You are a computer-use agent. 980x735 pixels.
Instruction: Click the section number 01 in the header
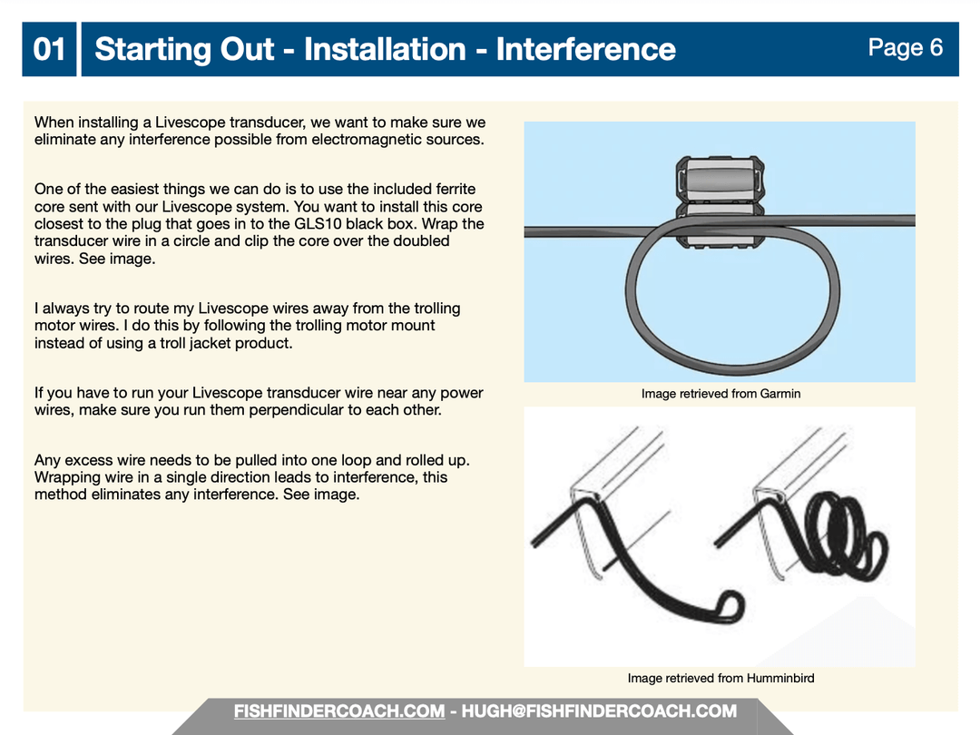(x=49, y=49)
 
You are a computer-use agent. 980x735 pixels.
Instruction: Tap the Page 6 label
(x=905, y=47)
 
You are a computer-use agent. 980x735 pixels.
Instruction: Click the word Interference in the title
(x=585, y=49)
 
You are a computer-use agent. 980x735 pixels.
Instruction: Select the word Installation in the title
(x=385, y=49)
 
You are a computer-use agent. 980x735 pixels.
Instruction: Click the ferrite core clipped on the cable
(x=720, y=201)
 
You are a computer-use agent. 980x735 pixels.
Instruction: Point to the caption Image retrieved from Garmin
(x=720, y=394)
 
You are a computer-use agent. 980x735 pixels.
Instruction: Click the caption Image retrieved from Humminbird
(x=720, y=678)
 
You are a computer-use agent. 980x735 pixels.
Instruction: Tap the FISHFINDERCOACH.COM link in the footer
(x=339, y=711)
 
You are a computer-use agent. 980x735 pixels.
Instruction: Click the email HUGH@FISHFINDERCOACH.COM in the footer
(x=599, y=711)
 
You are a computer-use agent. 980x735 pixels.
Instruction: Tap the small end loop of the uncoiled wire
(x=729, y=606)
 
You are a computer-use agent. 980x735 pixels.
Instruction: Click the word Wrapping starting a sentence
(x=66, y=478)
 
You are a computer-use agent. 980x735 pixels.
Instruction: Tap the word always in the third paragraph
(x=65, y=309)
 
